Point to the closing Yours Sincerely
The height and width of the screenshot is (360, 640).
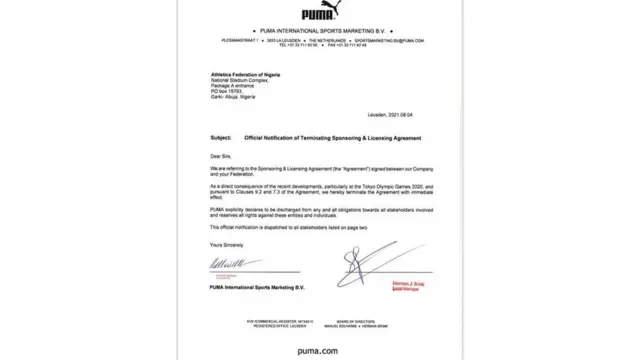(x=226, y=244)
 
